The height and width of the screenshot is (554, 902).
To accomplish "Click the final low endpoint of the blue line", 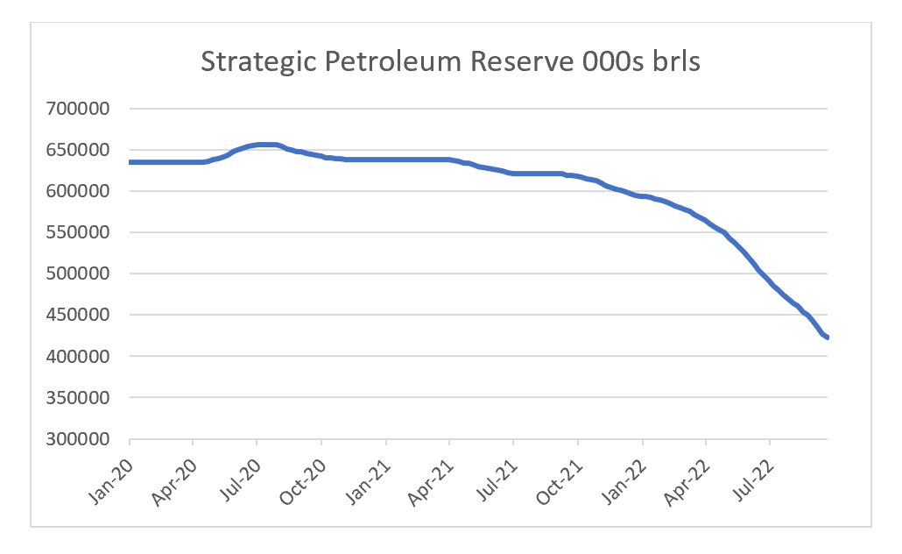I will click(x=828, y=337).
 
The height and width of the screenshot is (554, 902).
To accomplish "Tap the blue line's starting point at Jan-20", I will click(x=130, y=162).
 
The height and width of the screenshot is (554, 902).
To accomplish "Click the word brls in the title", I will click(x=671, y=62).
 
